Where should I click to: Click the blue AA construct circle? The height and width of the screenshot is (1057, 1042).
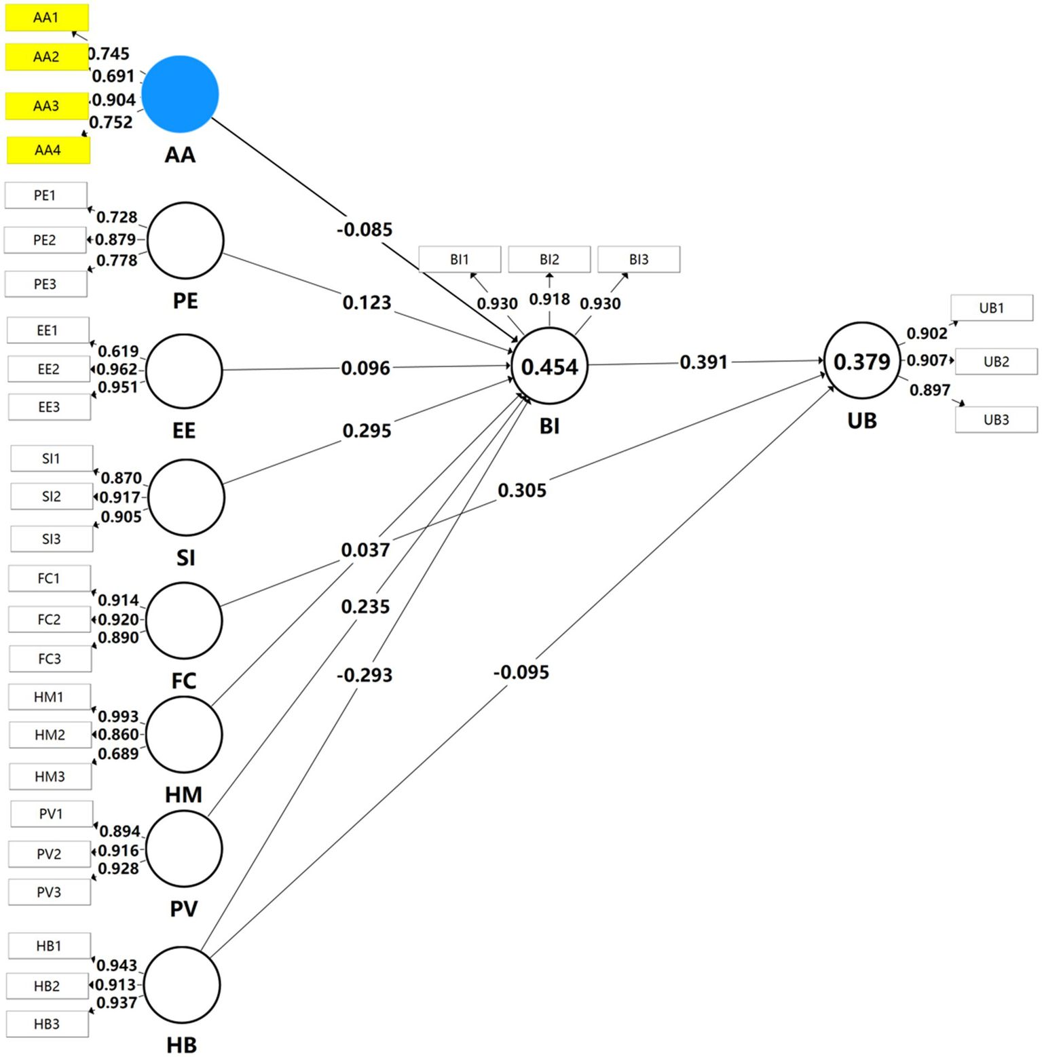(180, 94)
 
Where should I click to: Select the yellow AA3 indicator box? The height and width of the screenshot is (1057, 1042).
(47, 106)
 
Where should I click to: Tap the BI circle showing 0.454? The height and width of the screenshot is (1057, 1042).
(549, 367)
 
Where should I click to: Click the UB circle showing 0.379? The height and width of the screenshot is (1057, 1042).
(861, 362)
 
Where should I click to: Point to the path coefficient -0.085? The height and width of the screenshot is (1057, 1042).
(365, 229)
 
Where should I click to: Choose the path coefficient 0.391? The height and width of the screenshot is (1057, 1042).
(703, 362)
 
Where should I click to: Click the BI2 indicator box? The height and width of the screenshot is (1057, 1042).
(549, 259)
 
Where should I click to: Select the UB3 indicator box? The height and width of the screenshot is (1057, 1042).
(996, 419)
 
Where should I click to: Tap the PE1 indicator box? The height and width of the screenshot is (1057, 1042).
(45, 195)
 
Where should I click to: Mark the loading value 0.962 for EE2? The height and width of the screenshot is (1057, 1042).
(117, 369)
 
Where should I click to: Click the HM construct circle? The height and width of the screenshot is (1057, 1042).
(184, 735)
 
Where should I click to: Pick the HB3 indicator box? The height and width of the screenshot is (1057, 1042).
(48, 1024)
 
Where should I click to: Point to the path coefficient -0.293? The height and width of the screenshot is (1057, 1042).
(365, 675)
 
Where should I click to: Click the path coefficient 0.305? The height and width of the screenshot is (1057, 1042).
(522, 490)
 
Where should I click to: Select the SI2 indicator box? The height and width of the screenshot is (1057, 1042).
(52, 497)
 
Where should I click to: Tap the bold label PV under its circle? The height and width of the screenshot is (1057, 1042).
(184, 909)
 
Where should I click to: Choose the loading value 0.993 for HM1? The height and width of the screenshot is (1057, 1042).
(118, 716)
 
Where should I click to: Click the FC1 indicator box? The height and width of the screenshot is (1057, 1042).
(49, 579)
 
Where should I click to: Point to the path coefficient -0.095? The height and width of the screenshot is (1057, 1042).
(521, 672)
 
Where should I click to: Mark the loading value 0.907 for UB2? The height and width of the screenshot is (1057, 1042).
(927, 360)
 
